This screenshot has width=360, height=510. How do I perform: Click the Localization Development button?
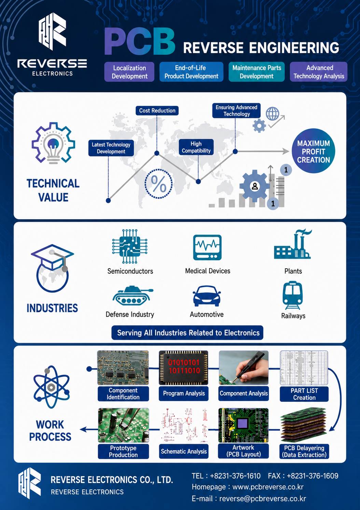[x=129, y=72]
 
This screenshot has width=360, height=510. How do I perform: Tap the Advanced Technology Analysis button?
[x=319, y=72]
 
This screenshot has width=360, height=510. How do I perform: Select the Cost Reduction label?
[x=157, y=111]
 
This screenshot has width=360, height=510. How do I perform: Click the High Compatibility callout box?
[x=196, y=147]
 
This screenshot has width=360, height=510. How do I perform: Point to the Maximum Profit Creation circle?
[x=313, y=151]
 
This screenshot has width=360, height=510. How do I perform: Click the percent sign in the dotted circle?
[x=158, y=184]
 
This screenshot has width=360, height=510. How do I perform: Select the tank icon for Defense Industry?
[x=133, y=296]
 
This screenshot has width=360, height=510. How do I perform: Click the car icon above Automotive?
[x=207, y=296]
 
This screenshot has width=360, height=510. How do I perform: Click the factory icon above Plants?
[x=293, y=244]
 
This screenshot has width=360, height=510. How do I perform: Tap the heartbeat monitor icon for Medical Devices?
[x=207, y=247]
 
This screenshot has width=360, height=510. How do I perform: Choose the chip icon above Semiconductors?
[x=130, y=246]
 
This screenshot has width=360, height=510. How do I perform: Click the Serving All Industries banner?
[x=187, y=333]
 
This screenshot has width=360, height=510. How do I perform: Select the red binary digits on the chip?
[x=184, y=366]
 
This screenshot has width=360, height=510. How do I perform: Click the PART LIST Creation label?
[x=304, y=394]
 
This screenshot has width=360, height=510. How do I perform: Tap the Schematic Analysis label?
[x=184, y=451]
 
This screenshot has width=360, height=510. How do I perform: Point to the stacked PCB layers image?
[x=304, y=425]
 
